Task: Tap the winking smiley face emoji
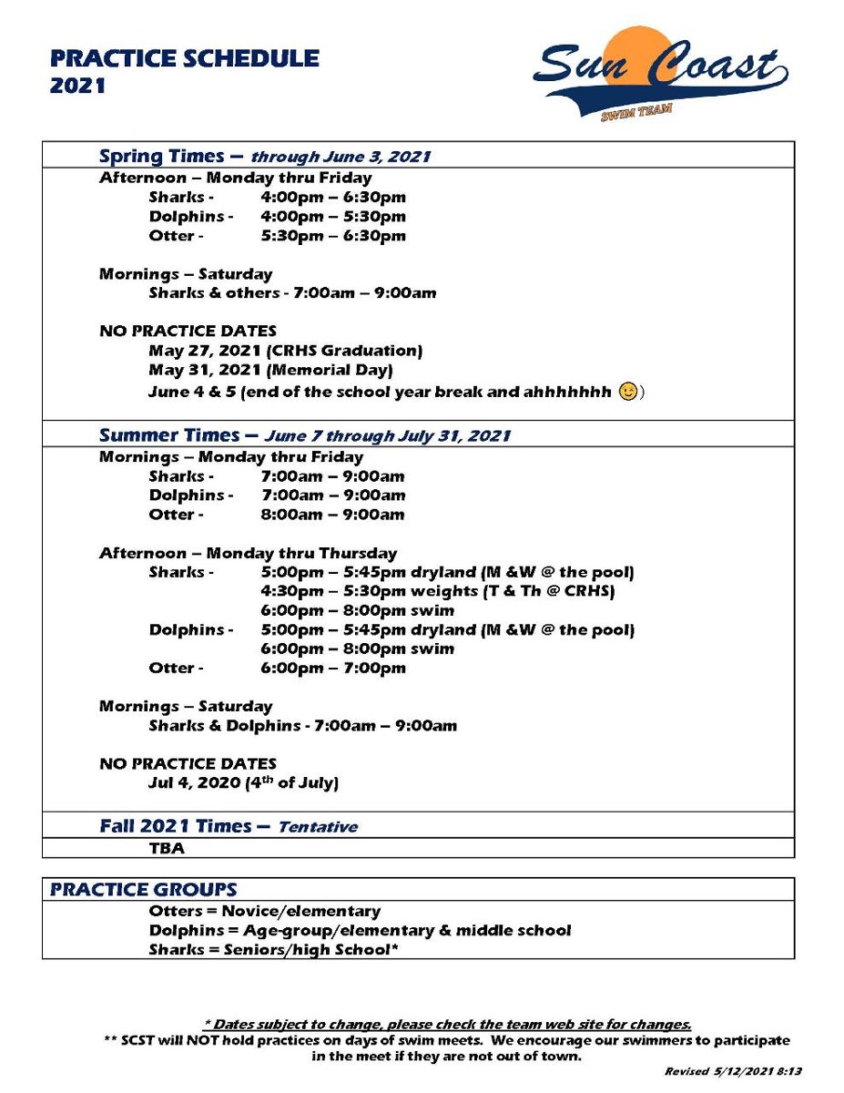click(x=628, y=393)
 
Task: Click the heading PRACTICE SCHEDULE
click(x=185, y=59)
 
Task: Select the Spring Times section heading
click(x=264, y=156)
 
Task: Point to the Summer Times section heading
click(x=304, y=435)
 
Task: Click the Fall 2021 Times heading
click(x=228, y=827)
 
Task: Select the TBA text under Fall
click(x=167, y=848)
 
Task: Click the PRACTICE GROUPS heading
click(x=143, y=890)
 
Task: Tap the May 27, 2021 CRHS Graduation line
click(x=285, y=351)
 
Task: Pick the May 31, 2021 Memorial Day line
click(x=270, y=370)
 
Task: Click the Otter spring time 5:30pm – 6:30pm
click(x=333, y=236)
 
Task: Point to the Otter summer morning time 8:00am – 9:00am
click(x=332, y=515)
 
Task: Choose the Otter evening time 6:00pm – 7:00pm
click(x=333, y=669)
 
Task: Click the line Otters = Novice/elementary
click(x=264, y=911)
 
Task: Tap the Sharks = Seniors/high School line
click(x=274, y=950)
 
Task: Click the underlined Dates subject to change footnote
click(x=446, y=1025)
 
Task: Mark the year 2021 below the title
click(x=78, y=87)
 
